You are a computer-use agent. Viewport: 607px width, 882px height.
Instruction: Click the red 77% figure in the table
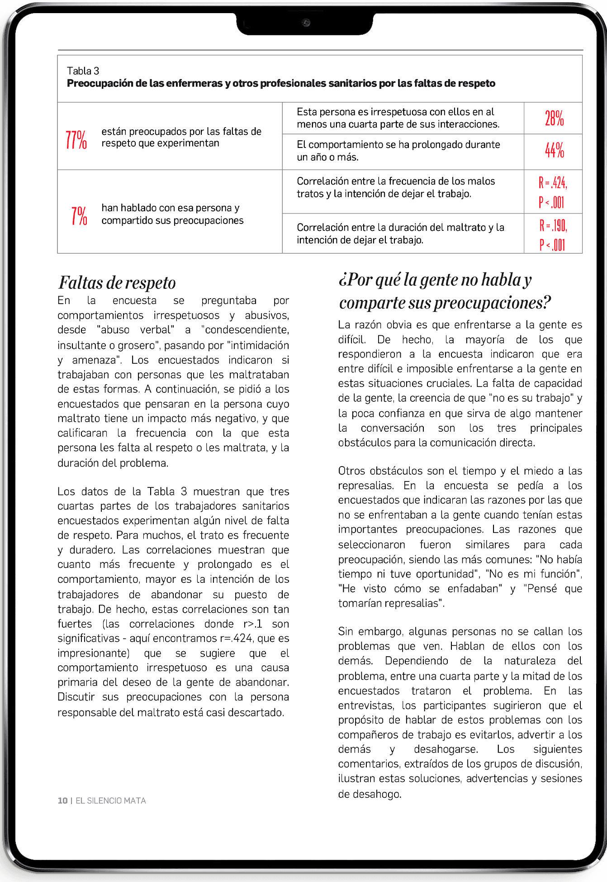(76, 140)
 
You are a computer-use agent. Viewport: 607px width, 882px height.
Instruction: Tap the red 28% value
(554, 119)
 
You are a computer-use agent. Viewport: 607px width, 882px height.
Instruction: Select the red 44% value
(554, 151)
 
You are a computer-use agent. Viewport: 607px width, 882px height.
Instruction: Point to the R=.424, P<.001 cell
(553, 192)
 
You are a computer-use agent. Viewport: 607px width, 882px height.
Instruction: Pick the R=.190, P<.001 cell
(553, 234)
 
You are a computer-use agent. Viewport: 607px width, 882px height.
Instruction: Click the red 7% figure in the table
(79, 215)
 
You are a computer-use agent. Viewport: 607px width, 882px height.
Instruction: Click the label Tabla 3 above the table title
(83, 71)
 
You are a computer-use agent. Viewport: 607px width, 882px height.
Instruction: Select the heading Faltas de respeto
(117, 283)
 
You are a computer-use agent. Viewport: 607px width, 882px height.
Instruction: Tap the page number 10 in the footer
(62, 801)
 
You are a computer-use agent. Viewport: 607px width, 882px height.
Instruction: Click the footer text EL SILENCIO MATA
(111, 801)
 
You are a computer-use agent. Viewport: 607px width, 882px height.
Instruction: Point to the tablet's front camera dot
(306, 23)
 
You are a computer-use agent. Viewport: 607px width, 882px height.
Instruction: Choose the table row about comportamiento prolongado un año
(398, 151)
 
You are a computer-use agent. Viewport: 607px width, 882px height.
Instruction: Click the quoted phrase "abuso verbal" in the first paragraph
(136, 330)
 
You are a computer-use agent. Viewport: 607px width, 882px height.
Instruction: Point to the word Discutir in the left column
(76, 697)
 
